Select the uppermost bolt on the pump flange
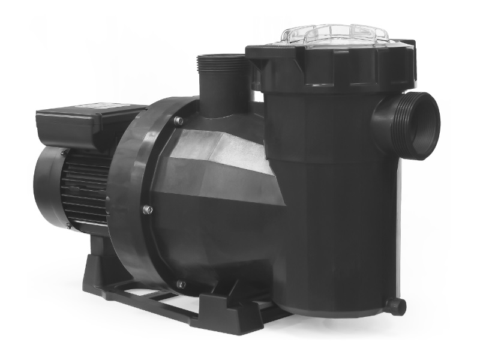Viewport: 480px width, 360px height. coord(178,121)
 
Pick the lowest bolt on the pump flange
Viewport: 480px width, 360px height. coord(181,283)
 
